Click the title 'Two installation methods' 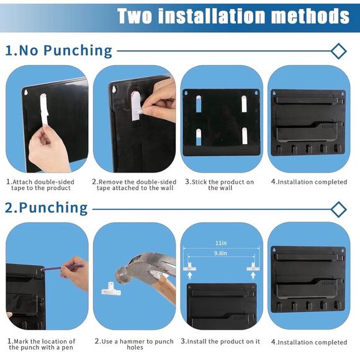pos(233,16)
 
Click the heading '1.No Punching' pos(59,50)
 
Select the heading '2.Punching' pos(47,207)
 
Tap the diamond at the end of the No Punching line pos(338,51)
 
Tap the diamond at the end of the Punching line pos(338,209)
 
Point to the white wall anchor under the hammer pos(111,287)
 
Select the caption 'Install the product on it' pos(220,341)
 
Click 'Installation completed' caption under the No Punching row pos(309,182)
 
